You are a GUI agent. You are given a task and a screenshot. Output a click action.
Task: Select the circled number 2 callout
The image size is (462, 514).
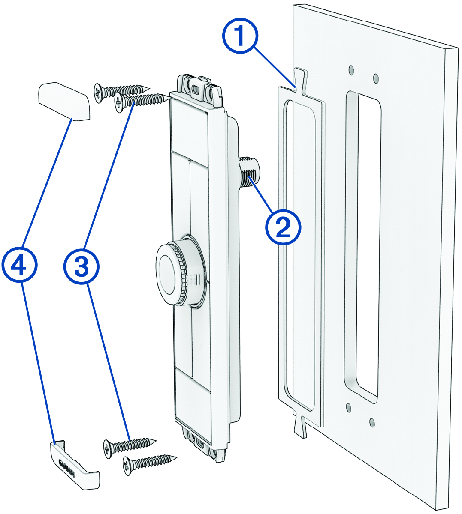[283, 227]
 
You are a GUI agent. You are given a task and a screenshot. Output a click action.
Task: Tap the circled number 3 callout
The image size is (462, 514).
[82, 266]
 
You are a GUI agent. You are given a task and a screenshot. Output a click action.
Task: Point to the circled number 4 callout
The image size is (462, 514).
[19, 266]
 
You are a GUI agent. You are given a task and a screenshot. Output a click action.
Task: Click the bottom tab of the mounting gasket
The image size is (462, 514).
[300, 426]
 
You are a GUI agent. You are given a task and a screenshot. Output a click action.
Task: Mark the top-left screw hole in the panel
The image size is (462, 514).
[351, 69]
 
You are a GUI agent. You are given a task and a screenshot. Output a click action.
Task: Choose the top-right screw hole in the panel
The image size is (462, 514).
[376, 78]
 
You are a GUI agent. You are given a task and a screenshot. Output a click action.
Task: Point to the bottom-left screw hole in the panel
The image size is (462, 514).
[348, 406]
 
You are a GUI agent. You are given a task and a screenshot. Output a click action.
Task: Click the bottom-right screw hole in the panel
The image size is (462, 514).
[372, 423]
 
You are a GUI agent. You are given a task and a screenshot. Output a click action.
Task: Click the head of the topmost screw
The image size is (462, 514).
[99, 93]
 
